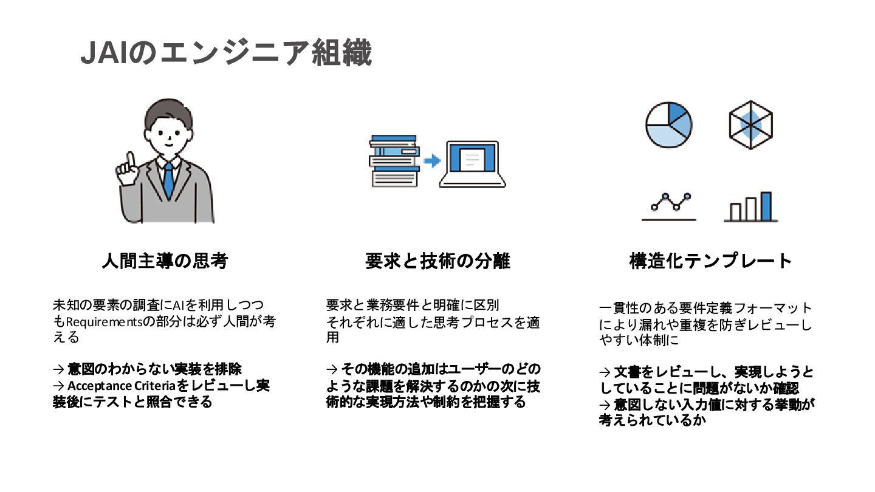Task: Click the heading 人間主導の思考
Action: (164, 261)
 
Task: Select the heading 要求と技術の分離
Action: (437, 261)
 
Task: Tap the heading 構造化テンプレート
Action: (711, 261)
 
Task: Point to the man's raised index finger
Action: (129, 160)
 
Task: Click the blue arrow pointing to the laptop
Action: (431, 161)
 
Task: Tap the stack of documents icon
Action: (394, 160)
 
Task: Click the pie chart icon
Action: (668, 125)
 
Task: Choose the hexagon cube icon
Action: (751, 125)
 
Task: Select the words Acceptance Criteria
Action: (120, 386)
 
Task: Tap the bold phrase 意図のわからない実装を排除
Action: (154, 369)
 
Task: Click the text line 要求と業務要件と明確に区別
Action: (413, 304)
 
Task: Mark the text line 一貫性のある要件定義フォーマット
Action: (705, 308)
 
